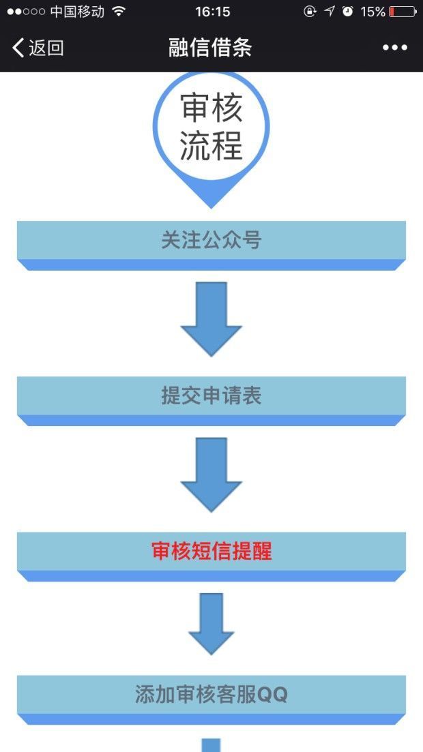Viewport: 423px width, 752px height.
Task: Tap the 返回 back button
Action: coord(38,48)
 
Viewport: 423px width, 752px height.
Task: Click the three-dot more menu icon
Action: coord(395,48)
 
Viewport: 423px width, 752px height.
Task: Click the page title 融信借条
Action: coord(211,48)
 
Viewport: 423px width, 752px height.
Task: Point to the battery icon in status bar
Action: coord(403,12)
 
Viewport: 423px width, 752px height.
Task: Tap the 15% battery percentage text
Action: coord(373,12)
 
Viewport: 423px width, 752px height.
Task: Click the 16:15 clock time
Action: coord(212,12)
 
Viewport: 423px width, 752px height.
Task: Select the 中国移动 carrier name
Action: coord(77,12)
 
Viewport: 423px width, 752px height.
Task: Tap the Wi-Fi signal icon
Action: coord(119,12)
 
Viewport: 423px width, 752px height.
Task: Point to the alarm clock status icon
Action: coord(348,12)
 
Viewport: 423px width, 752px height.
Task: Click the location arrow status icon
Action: coord(330,12)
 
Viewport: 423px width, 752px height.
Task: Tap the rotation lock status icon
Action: coord(310,12)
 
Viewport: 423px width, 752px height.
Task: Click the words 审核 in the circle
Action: coord(211,108)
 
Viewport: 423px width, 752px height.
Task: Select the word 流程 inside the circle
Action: coord(211,145)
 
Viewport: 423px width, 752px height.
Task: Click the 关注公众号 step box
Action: coord(211,241)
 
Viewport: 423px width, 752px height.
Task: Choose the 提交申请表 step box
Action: coord(211,396)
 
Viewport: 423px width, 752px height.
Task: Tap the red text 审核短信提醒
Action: coord(211,552)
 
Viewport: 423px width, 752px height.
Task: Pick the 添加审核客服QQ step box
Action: coord(211,695)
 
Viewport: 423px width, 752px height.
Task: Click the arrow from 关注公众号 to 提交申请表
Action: coord(211,317)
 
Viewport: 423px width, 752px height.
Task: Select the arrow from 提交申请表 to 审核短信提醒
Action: coord(211,473)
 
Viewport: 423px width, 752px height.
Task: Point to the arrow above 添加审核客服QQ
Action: coord(211,622)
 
